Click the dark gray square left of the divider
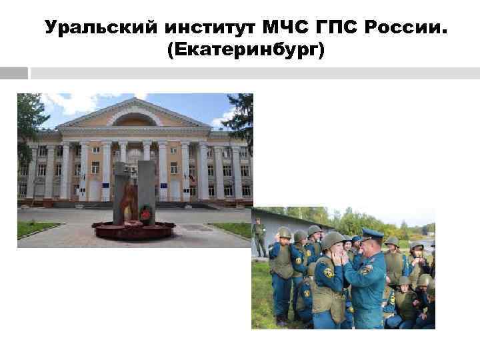click(14, 73)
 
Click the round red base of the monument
click(133, 231)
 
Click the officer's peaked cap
click(371, 233)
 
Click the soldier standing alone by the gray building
click(259, 237)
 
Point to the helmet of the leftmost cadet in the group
click(284, 233)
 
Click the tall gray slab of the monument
click(146, 190)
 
